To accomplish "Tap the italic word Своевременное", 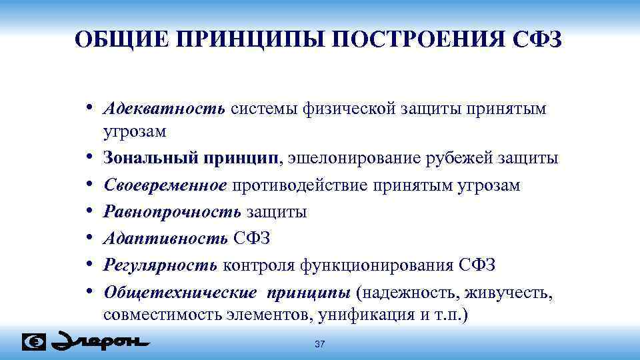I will (166, 185).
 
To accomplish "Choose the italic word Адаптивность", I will (167, 239).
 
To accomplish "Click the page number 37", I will (319, 344).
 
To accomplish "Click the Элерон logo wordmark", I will (100, 341).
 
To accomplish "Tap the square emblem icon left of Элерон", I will (34, 342).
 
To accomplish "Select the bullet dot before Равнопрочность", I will (89, 213).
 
